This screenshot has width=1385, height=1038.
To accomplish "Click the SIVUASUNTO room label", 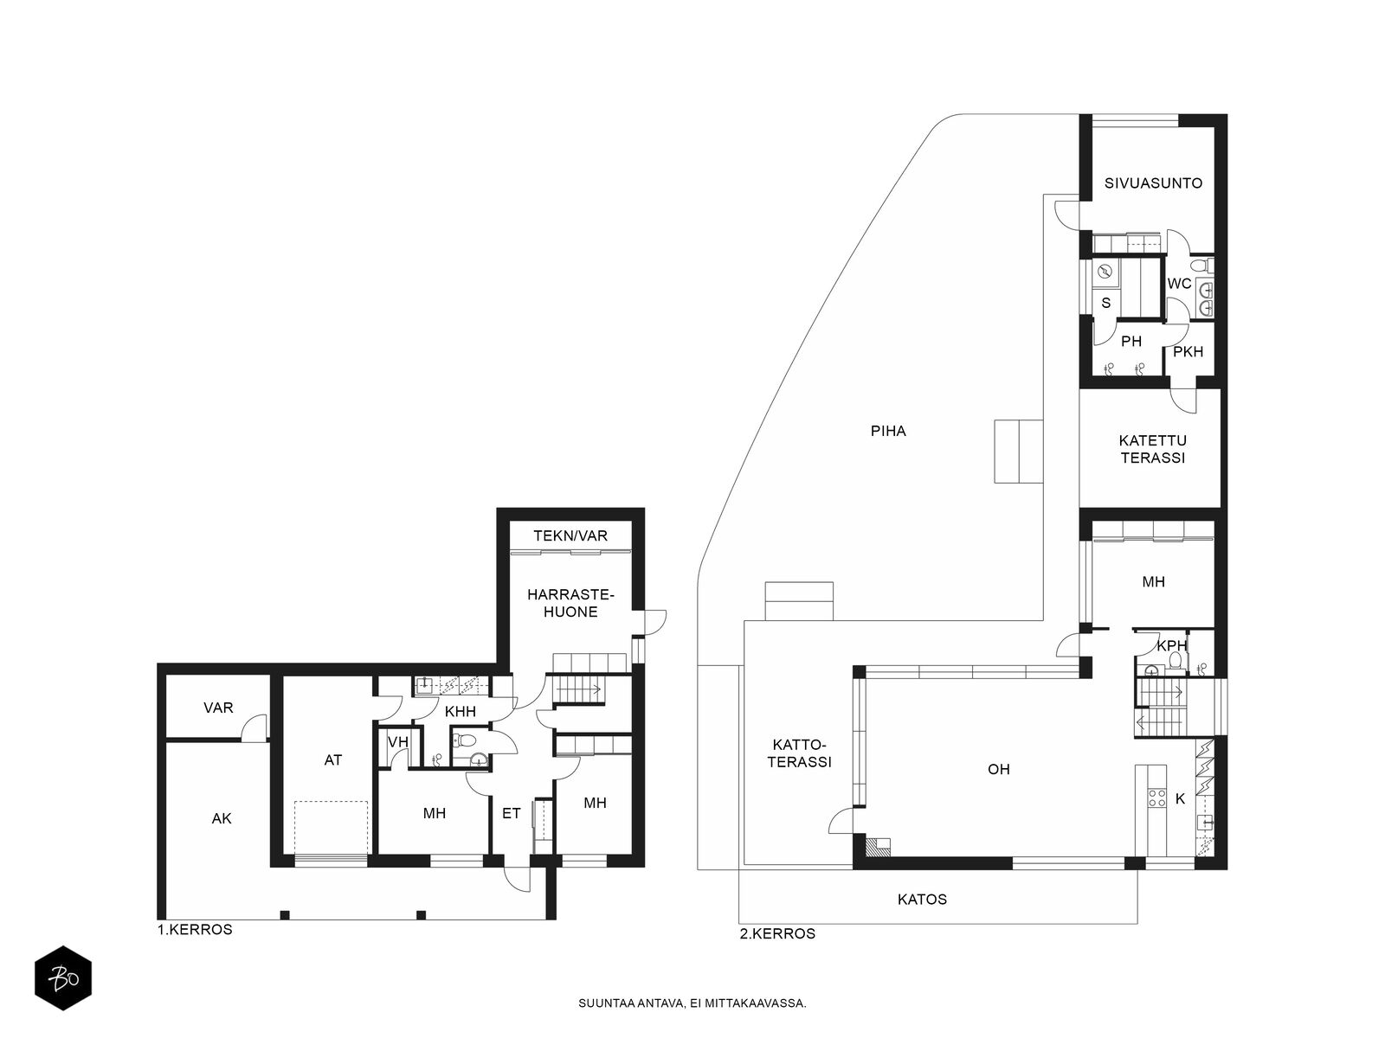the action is tap(1153, 183).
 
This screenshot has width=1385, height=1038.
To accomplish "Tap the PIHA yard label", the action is tap(888, 431).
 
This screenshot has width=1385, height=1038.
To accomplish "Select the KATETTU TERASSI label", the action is tap(1153, 449).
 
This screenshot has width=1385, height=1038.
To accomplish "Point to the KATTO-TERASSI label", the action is tap(800, 753).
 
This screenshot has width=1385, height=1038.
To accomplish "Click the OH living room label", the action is tap(999, 769).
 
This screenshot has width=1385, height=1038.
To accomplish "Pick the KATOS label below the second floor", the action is tap(922, 900).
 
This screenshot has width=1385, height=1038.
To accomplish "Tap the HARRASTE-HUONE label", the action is tap(570, 603).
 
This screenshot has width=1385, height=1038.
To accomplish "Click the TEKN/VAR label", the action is tap(570, 535).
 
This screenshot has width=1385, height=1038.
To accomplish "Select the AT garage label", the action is tap(332, 760).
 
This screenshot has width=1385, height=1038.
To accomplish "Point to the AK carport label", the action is tap(222, 818).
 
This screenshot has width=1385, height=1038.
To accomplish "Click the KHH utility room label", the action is tap(460, 712).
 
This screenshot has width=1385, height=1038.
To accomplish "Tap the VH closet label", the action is tap(398, 742).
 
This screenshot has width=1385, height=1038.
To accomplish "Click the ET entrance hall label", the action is tap(511, 814).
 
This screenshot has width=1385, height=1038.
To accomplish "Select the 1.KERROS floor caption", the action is tap(195, 930).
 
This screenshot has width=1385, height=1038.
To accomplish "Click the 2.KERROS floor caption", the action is tap(777, 934).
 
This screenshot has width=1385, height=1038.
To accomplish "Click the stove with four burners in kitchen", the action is tap(1156, 798).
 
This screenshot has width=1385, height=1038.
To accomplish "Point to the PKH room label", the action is tap(1189, 352).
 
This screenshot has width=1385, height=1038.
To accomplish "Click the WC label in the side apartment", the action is tap(1179, 284).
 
